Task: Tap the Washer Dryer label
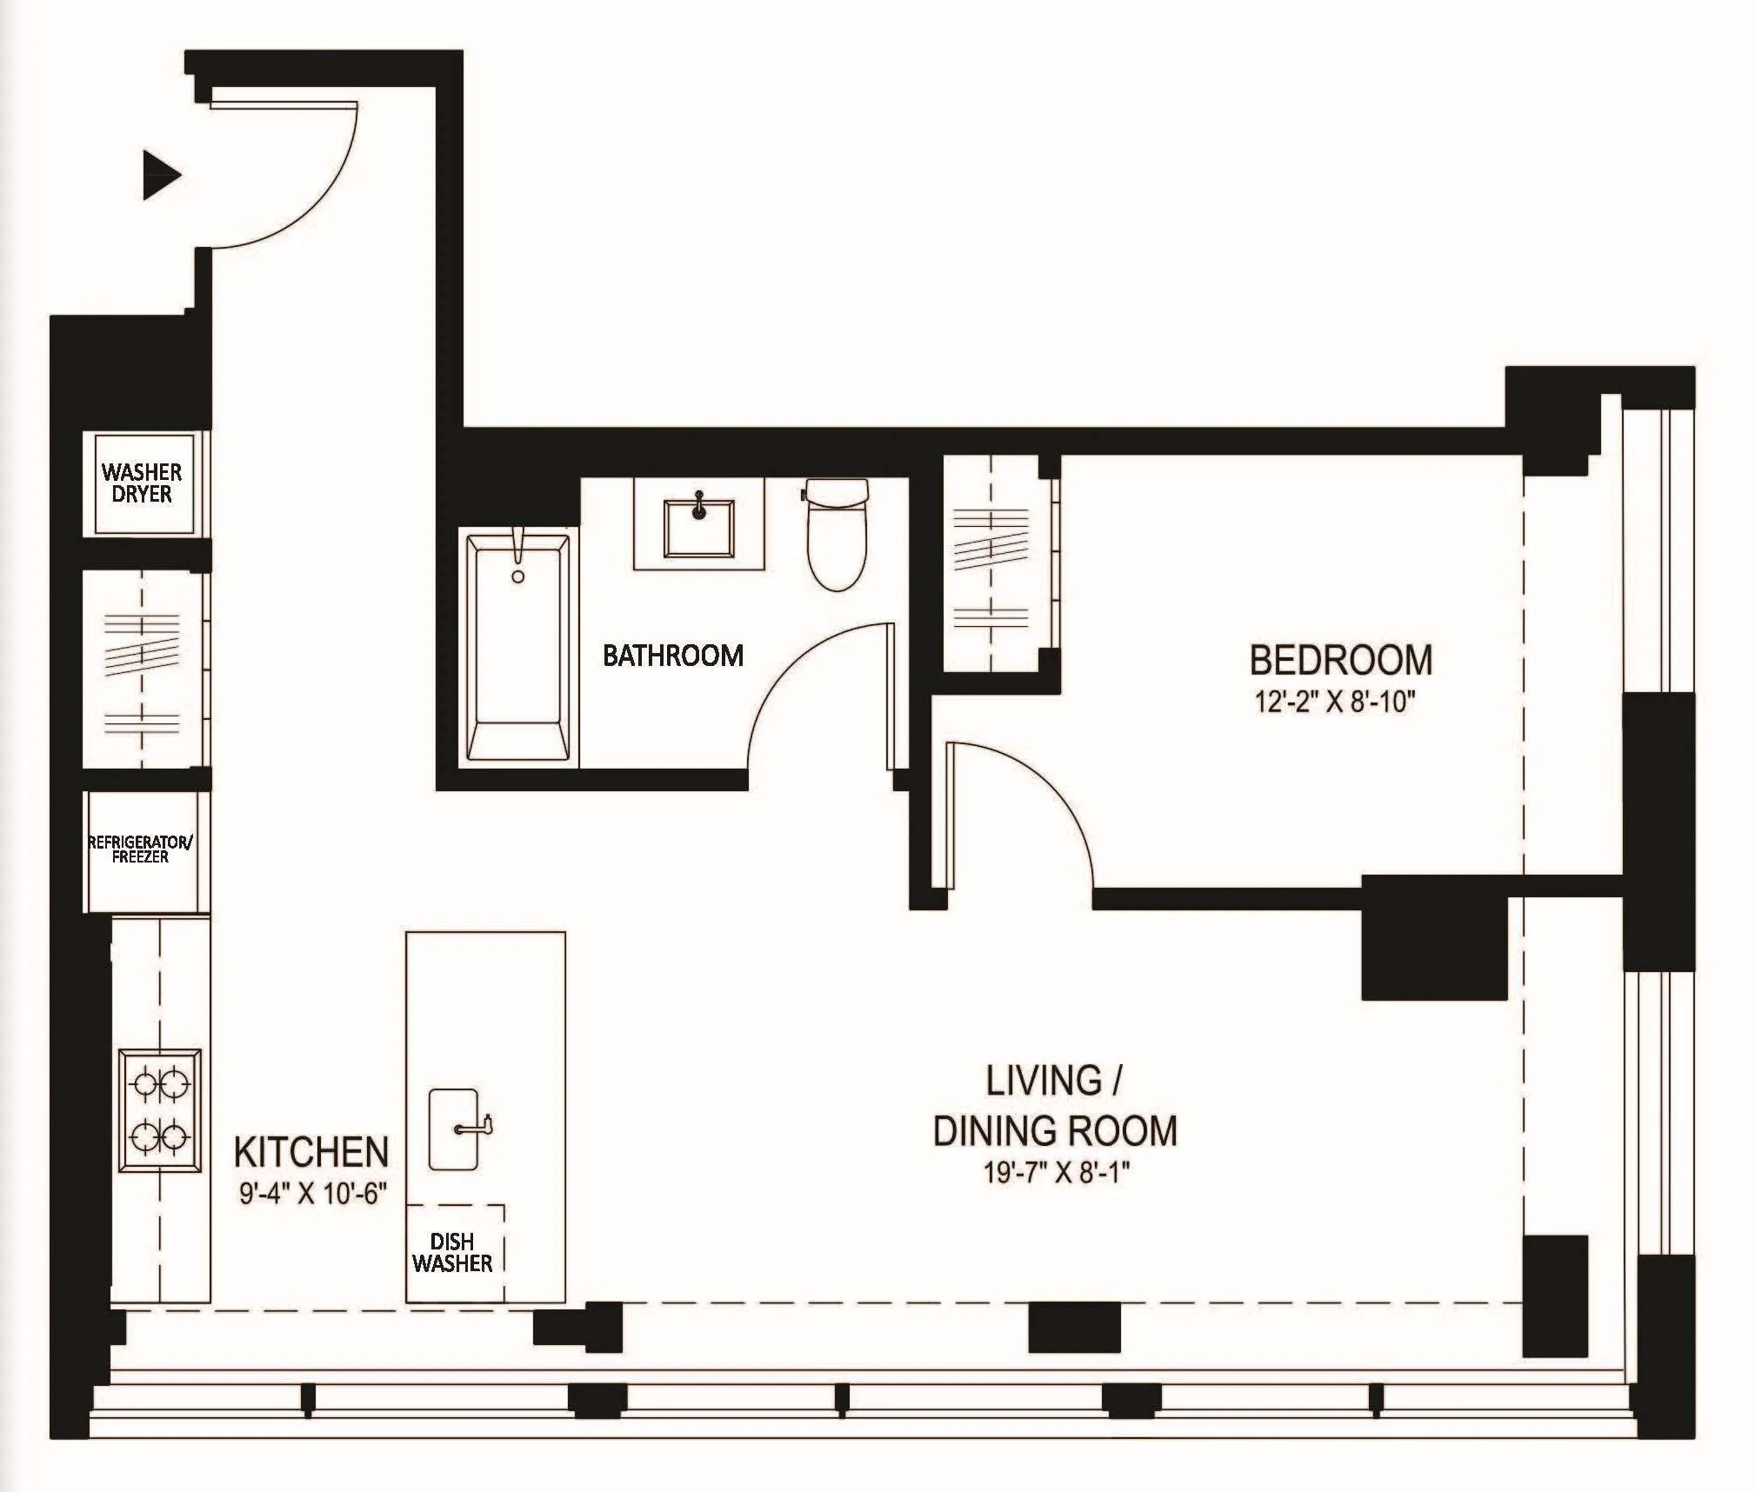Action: pos(142,483)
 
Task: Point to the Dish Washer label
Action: pos(452,1253)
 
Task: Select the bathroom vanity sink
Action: pos(698,528)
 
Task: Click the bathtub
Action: pos(518,648)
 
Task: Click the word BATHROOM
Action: pos(673,656)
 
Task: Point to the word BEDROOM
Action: pos(1340,661)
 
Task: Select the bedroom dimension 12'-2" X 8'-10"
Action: pos(1334,702)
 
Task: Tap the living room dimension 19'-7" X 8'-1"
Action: pos(1056,1173)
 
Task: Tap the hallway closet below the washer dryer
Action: pos(142,669)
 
